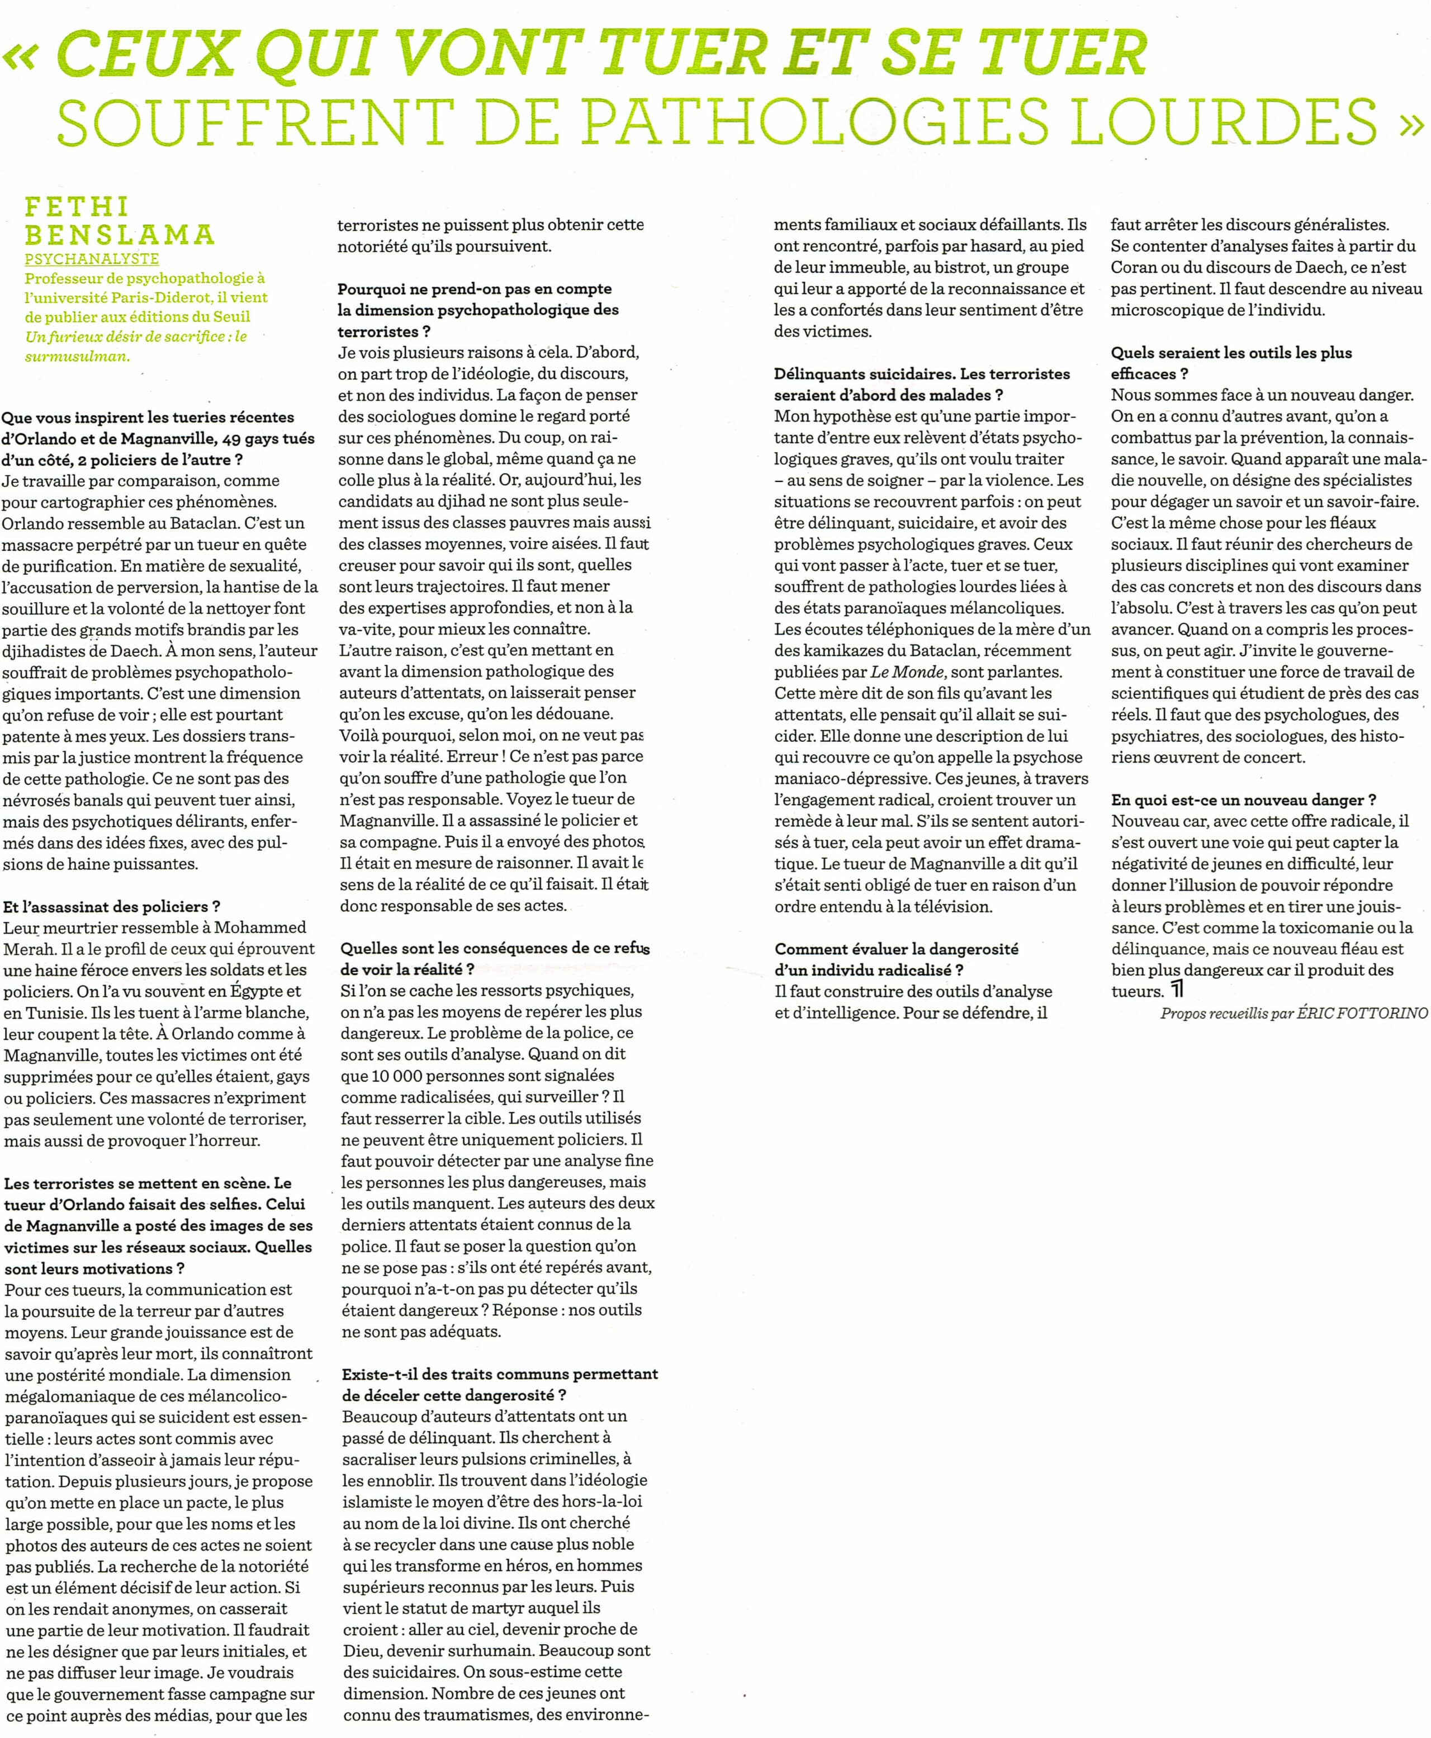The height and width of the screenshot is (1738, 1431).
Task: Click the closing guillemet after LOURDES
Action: (x=1412, y=124)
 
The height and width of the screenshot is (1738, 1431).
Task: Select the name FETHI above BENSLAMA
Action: (x=77, y=206)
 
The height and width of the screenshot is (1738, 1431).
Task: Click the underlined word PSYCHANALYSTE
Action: (x=92, y=259)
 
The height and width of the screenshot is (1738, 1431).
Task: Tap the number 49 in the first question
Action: (x=224, y=439)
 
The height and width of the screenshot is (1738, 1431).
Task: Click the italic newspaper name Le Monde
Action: (x=907, y=672)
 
